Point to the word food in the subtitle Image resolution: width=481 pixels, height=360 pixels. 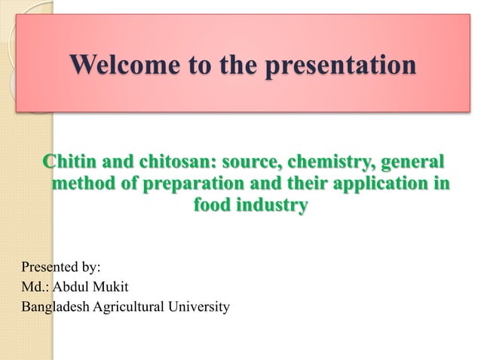[x=214, y=205]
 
